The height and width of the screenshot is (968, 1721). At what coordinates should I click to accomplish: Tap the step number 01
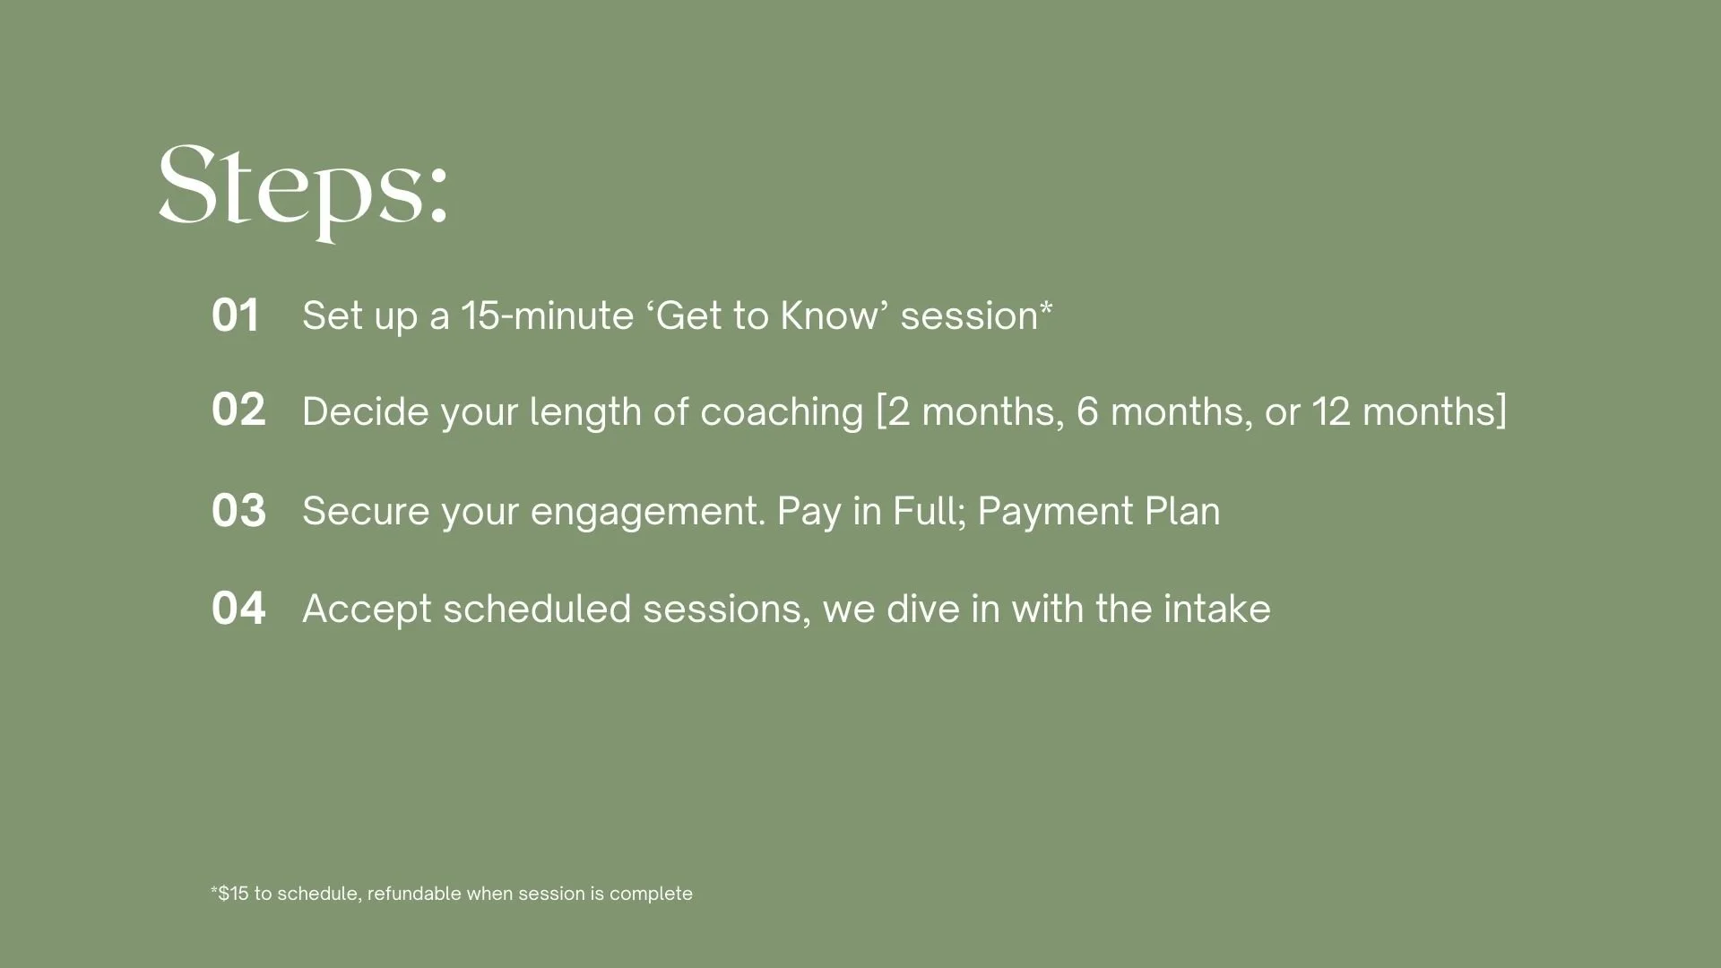click(236, 315)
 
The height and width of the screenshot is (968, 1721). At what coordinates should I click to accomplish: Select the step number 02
click(238, 410)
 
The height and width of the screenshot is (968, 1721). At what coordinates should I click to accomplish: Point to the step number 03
click(238, 511)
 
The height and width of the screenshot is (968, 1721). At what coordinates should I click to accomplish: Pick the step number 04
click(238, 609)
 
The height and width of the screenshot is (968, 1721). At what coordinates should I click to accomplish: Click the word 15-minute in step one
click(547, 315)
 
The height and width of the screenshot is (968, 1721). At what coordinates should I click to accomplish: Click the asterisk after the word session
click(1046, 307)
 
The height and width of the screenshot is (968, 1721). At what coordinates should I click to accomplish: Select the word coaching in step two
click(782, 412)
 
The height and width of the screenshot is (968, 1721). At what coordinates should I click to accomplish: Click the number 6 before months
click(1087, 411)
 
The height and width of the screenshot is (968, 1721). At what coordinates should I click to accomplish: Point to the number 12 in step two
click(1331, 411)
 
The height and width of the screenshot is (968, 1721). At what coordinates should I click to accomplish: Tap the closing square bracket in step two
click(1501, 412)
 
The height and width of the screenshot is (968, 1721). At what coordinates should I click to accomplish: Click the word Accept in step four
click(368, 610)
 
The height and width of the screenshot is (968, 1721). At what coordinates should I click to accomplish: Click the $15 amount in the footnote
click(233, 894)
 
